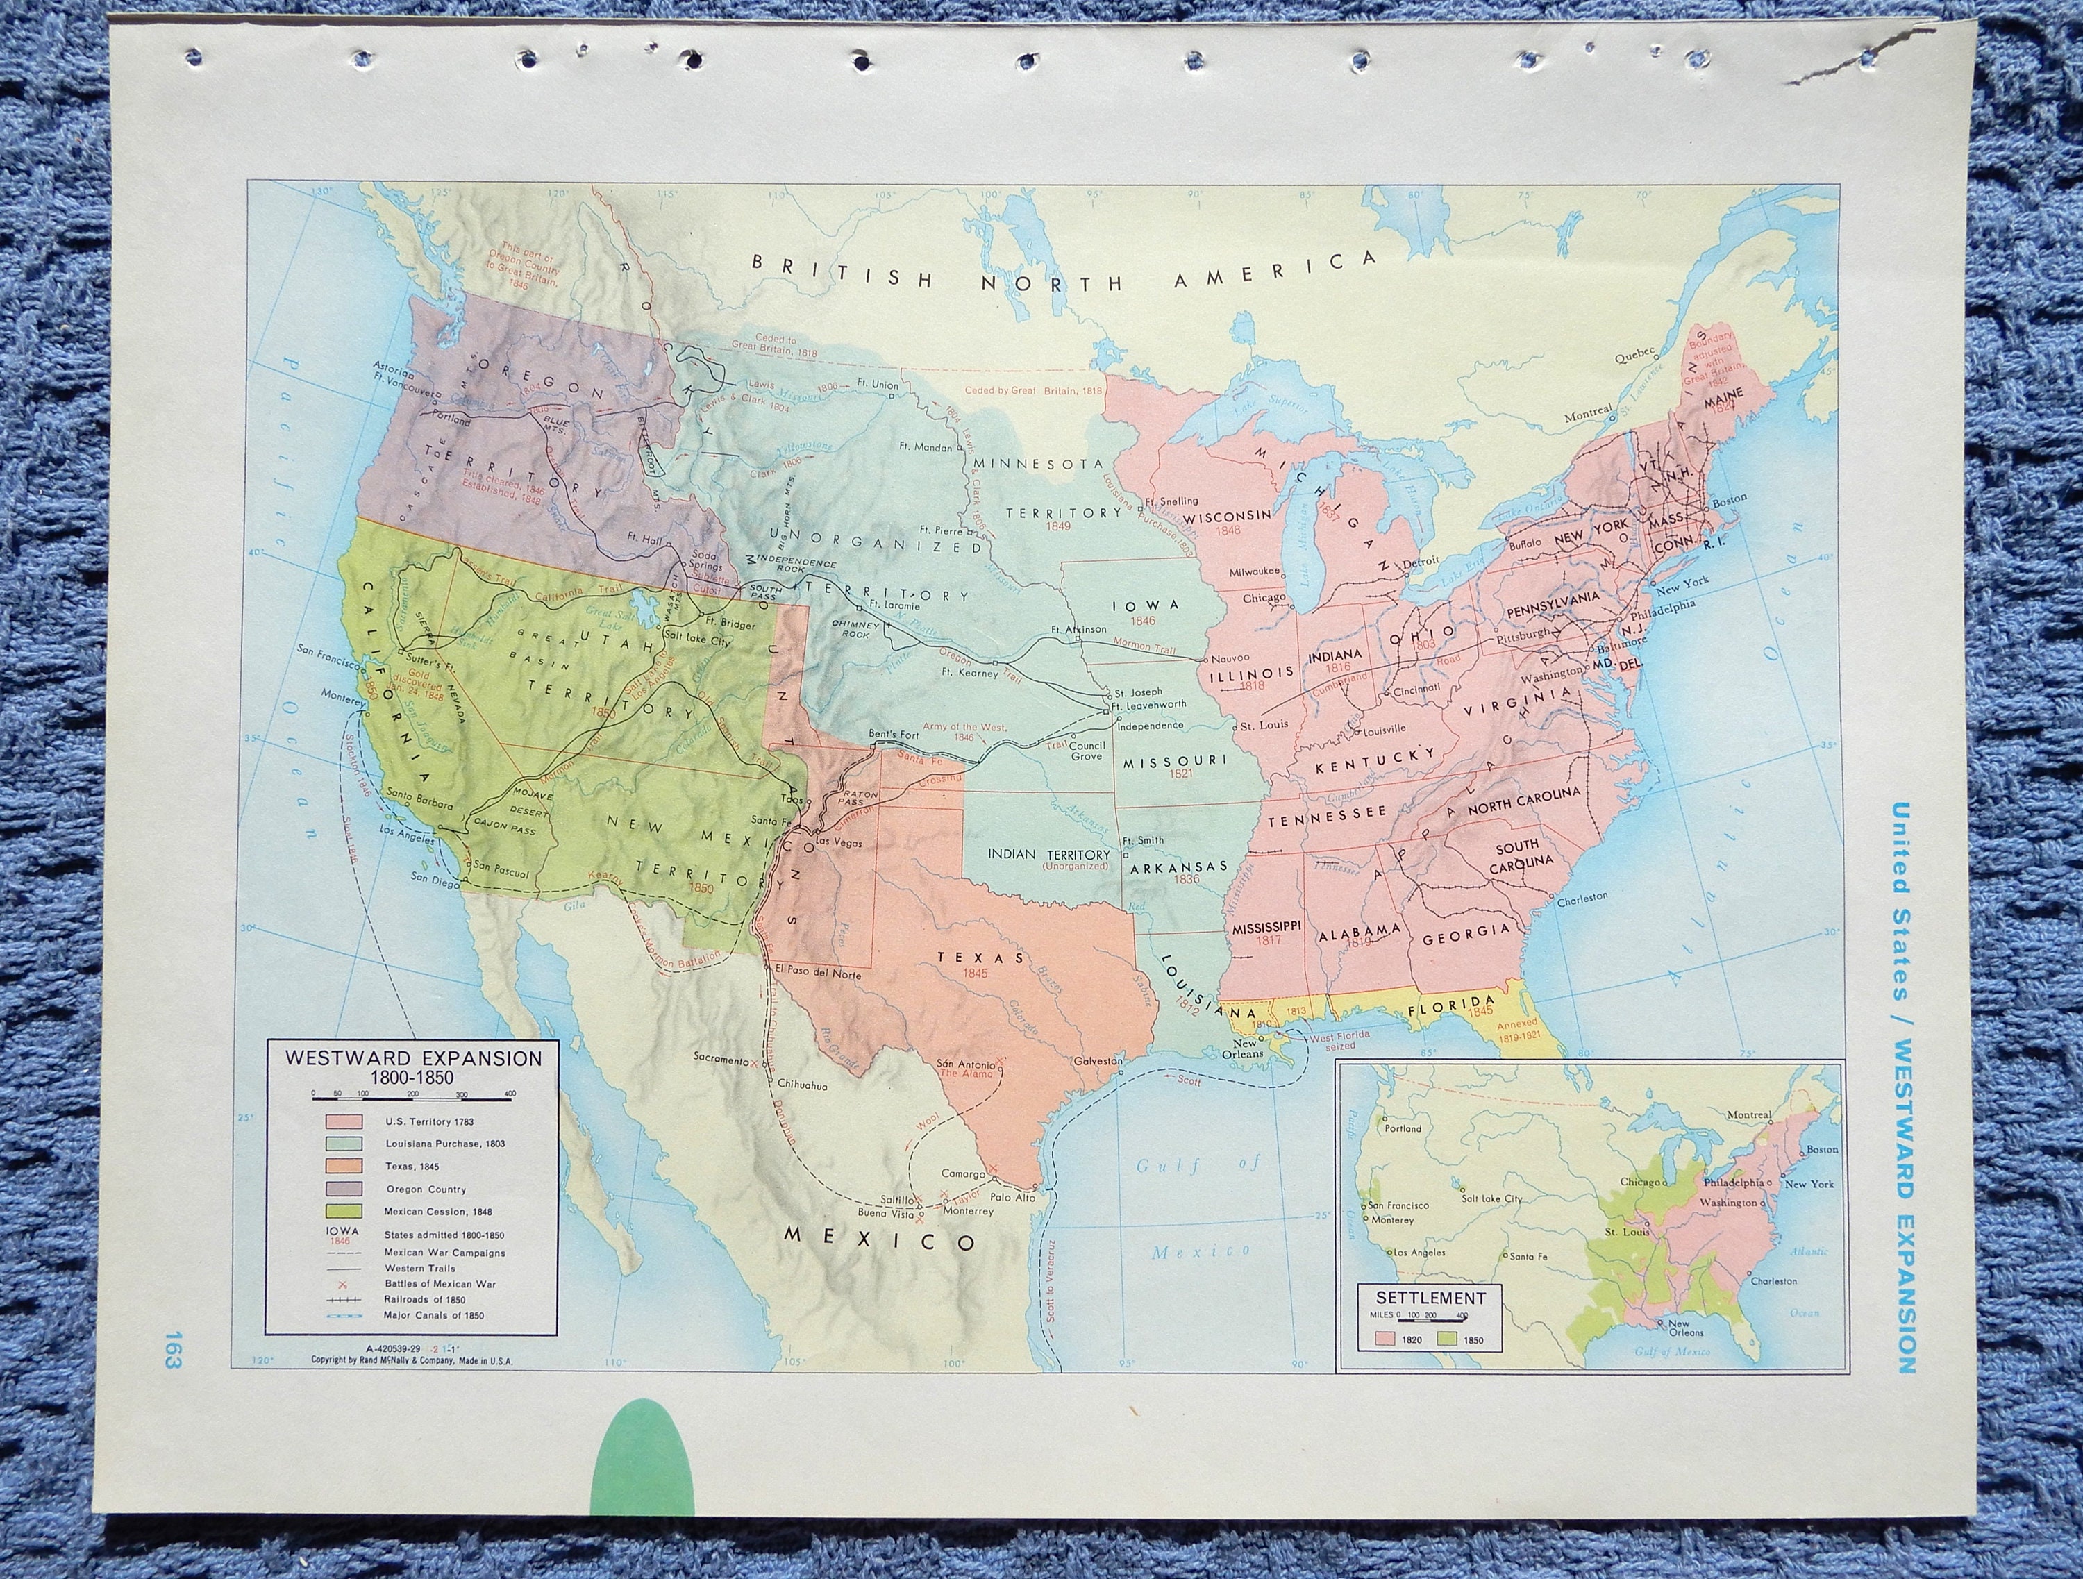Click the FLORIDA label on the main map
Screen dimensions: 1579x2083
(1450, 1001)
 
